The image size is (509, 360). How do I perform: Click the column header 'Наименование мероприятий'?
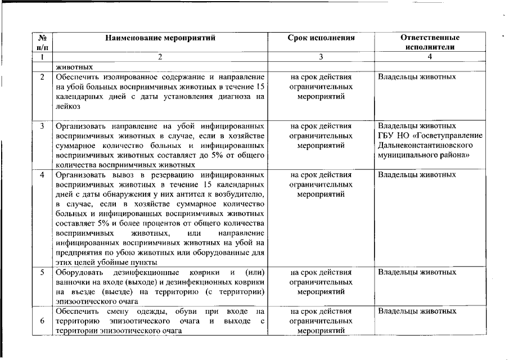160,38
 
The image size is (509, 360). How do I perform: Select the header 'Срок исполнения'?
321,38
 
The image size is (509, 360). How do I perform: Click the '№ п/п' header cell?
42,43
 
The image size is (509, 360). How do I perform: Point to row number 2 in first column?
42,76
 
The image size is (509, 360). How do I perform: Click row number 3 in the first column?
42,125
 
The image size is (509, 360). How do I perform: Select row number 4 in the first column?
42,175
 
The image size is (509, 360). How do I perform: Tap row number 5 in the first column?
42,272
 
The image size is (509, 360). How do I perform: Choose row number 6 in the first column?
42,321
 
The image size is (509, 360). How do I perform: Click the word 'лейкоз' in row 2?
68,106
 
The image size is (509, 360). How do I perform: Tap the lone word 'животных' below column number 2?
74,66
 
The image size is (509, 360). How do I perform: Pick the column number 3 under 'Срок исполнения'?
321,57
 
